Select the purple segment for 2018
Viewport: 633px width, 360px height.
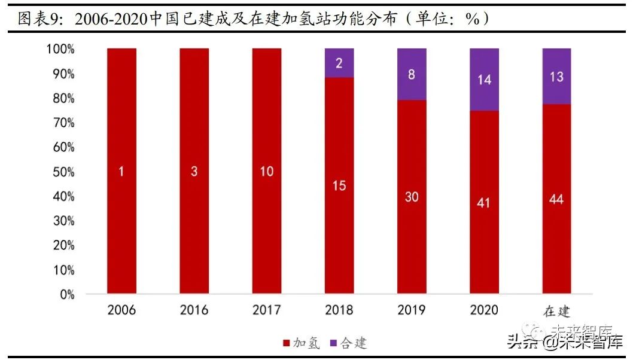pyautogui.click(x=339, y=63)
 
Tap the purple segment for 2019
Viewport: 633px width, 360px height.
pyautogui.click(x=412, y=74)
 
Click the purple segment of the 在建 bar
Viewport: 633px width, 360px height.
pyautogui.click(x=556, y=77)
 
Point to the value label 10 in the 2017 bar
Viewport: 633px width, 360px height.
pyautogui.click(x=267, y=172)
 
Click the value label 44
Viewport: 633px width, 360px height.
pyautogui.click(x=556, y=199)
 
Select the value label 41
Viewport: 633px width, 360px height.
pyautogui.click(x=484, y=203)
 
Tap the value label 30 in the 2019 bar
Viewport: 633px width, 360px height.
pyautogui.click(x=412, y=197)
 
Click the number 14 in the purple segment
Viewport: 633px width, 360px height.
pyautogui.click(x=484, y=79)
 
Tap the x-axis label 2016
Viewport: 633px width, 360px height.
pyautogui.click(x=194, y=310)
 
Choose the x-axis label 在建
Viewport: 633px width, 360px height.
pyautogui.click(x=556, y=312)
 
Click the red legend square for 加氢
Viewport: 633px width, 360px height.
pyautogui.click(x=286, y=343)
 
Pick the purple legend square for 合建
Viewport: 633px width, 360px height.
pyautogui.click(x=334, y=343)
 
